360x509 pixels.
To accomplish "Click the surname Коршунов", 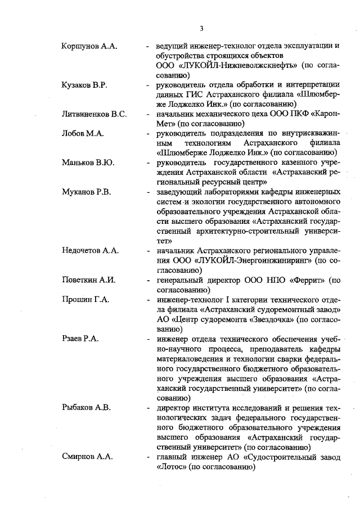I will (x=79, y=46).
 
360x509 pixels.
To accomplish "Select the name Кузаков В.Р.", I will (x=84, y=85).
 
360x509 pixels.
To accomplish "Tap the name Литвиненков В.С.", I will (x=94, y=114).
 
